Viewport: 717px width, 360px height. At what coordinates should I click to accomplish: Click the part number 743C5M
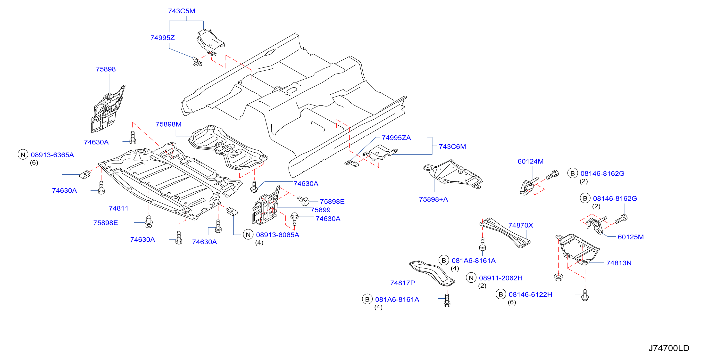pos(182,11)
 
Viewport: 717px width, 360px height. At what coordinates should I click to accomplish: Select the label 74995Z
pos(163,38)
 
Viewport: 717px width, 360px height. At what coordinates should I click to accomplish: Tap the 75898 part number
pos(106,69)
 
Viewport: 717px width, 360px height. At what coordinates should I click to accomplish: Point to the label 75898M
pos(168,124)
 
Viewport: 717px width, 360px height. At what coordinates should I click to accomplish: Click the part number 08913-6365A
pos(52,155)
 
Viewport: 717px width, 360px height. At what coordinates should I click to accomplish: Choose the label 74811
pos(119,208)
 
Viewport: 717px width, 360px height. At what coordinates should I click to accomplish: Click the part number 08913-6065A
pos(277,235)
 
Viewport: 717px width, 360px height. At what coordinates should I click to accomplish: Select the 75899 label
pos(321,210)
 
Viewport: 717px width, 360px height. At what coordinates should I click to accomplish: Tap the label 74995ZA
pos(396,138)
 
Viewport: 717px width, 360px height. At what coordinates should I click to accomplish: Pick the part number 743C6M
pos(452,147)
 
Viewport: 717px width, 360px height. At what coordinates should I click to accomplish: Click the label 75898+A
pos(433,199)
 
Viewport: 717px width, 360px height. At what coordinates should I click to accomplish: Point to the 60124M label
pos(531,161)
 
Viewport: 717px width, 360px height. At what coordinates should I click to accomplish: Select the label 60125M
pos(631,237)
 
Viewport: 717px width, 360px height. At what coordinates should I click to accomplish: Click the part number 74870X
pos(520,225)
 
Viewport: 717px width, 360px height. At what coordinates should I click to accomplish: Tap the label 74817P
pos(402,283)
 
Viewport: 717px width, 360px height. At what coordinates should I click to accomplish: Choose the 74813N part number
pos(619,263)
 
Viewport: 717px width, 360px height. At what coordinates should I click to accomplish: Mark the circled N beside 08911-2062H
pos(471,278)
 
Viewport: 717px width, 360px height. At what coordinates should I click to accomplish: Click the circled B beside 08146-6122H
pos(501,294)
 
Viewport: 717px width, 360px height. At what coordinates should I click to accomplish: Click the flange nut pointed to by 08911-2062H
pos(558,277)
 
